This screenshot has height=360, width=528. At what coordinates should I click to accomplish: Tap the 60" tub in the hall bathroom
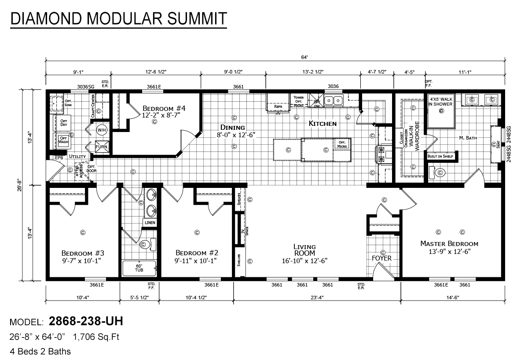point(139,268)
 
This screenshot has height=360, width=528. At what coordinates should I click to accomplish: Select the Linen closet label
point(150,223)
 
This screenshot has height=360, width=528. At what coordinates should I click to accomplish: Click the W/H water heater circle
point(102,130)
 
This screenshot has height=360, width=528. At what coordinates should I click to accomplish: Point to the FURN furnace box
point(101,146)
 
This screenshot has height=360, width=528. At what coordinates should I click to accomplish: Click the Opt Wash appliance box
point(64,140)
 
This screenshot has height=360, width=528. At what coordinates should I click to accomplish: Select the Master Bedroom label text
point(449,243)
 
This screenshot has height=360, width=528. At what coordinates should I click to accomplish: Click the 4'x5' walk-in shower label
point(441,102)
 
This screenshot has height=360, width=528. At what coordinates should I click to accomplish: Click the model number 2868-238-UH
point(85,322)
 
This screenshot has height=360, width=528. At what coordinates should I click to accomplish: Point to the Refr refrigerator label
point(278,107)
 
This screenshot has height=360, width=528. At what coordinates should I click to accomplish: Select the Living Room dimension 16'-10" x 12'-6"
point(305,261)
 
